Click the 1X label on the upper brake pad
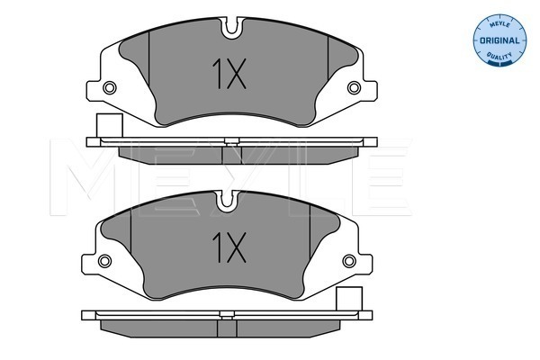point(229,74)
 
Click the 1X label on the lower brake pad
point(229,247)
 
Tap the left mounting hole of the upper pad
point(110,88)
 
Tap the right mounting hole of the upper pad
point(354,88)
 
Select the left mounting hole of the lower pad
point(104,261)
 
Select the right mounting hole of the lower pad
point(349,261)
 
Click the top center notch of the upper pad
point(232,27)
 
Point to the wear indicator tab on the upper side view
point(110,125)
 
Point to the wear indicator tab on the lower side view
point(349,298)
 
